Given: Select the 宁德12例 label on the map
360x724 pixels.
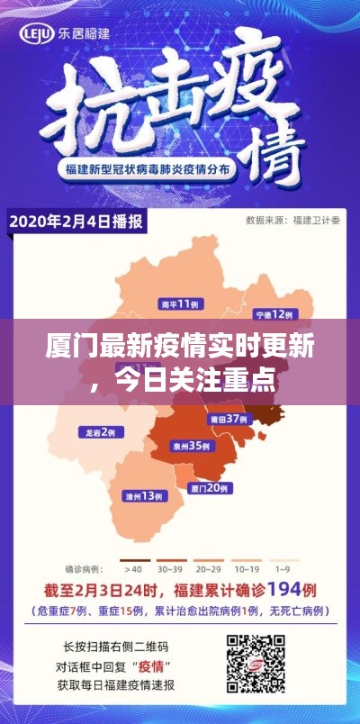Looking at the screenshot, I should point(274,314).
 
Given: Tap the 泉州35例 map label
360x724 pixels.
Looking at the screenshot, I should point(192,445).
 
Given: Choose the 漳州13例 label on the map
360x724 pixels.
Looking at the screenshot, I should point(146,496).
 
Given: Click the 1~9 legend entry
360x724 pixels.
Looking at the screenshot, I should point(282,568).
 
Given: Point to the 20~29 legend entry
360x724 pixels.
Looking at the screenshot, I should point(209,568).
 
